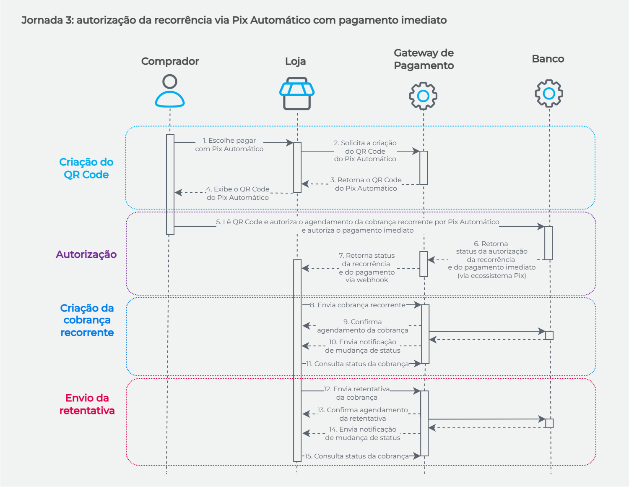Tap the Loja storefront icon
[297, 93]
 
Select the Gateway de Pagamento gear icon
[423, 96]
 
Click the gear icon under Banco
[549, 93]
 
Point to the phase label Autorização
[86, 254]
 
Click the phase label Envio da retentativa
[87, 404]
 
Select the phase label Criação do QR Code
[86, 168]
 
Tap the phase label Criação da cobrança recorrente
[87, 320]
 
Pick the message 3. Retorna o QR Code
[366, 184]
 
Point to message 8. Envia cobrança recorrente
[361, 305]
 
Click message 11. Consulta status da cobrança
[361, 364]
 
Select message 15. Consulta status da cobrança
[361, 456]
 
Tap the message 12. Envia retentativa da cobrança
[357, 393]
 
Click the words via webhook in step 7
[367, 280]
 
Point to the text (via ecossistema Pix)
[491, 276]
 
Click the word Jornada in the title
[42, 20]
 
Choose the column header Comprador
[170, 61]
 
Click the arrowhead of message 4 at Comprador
[178, 193]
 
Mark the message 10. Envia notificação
[363, 346]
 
